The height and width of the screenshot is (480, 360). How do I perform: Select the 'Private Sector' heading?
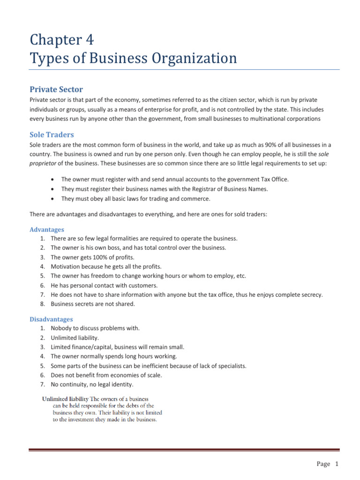[x=56, y=89]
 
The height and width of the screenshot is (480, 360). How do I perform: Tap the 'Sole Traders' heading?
[x=52, y=135]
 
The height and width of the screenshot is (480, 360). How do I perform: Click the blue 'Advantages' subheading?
[x=47, y=230]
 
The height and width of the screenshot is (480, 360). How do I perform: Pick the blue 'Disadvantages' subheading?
[x=51, y=319]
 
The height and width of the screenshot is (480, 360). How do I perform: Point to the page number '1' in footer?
[x=336, y=464]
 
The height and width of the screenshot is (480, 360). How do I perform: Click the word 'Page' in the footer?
[x=323, y=464]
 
